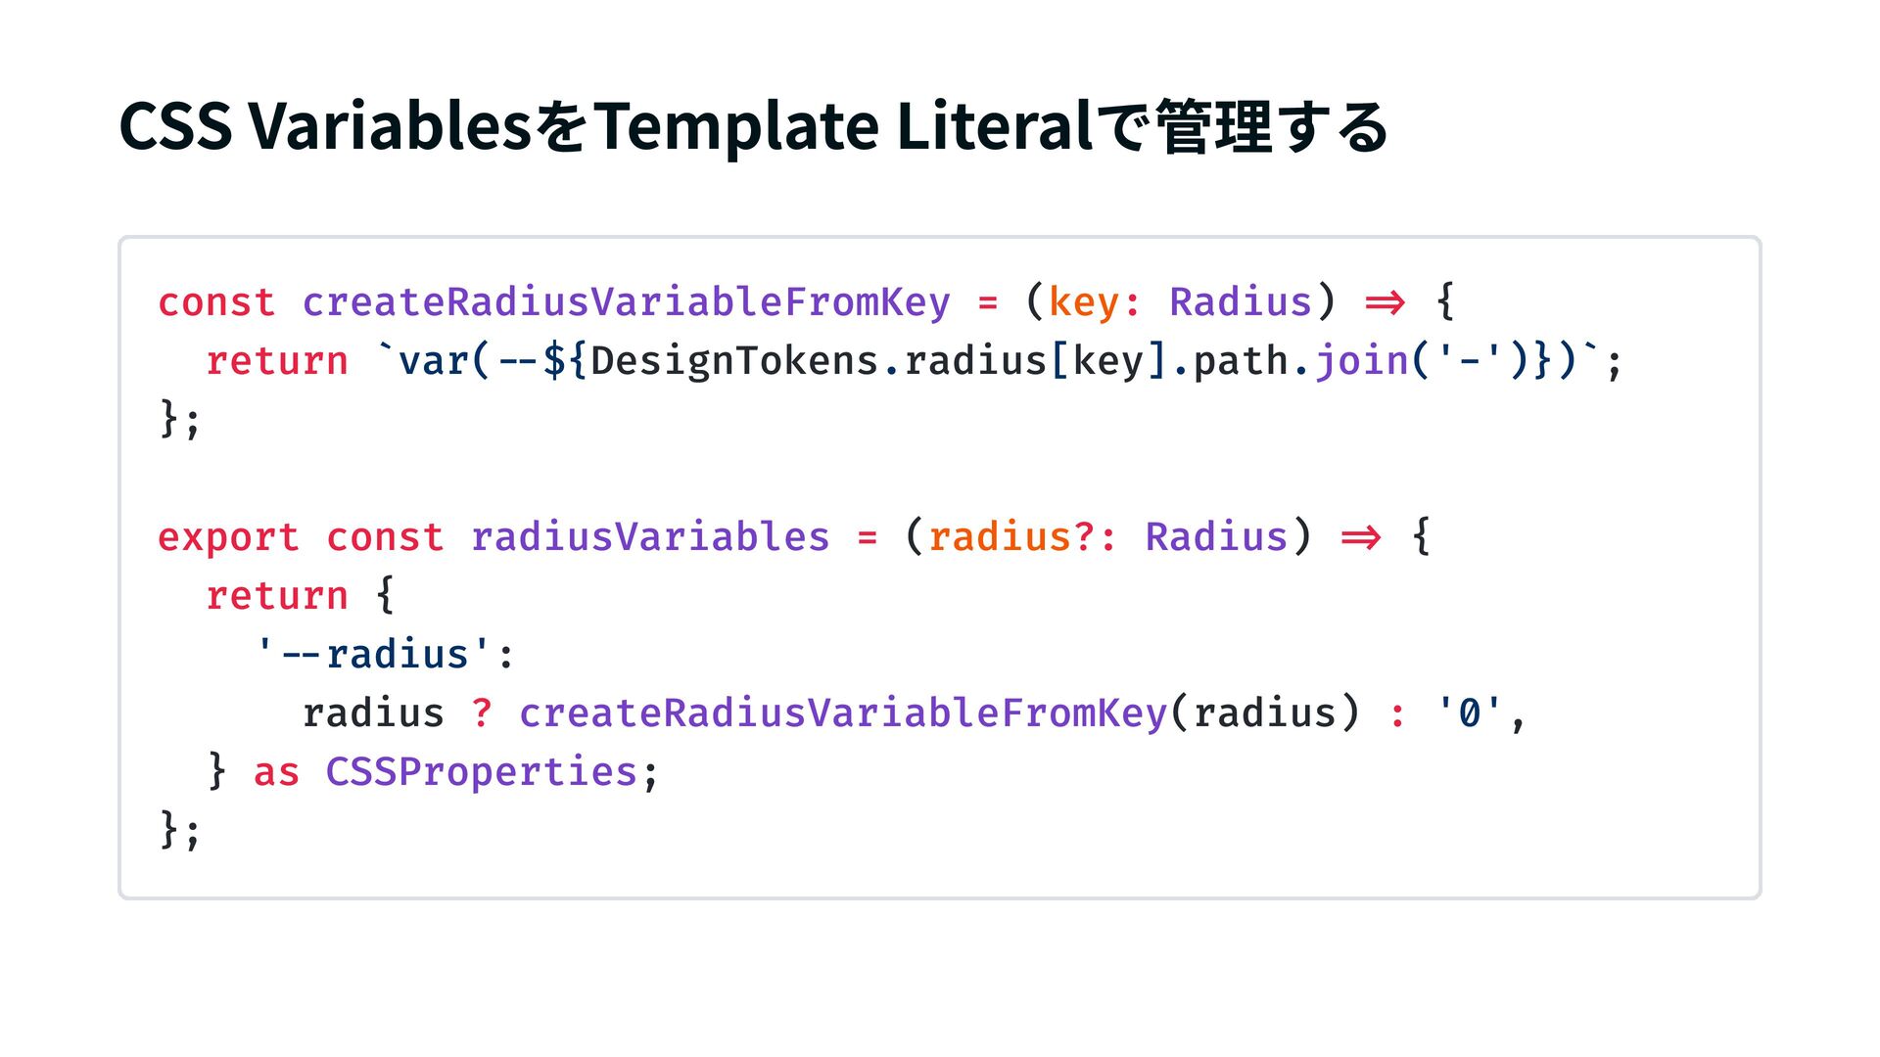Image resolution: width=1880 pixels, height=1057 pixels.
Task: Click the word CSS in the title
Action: tap(175, 127)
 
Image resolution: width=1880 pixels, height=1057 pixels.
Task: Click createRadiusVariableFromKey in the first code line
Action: tap(626, 302)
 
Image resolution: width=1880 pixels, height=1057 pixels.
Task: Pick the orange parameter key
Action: tap(1084, 302)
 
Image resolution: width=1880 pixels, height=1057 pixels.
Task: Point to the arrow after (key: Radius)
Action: tap(1385, 302)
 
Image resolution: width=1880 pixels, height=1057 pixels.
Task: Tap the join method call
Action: tap(1361, 361)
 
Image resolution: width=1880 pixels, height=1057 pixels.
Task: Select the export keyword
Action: tap(228, 537)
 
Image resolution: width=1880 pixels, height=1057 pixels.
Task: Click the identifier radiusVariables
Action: tap(649, 537)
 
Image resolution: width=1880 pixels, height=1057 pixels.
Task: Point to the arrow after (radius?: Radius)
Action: tap(1361, 537)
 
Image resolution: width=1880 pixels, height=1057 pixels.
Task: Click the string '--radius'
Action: tap(373, 655)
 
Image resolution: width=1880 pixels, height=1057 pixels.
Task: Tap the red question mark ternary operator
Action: tap(482, 713)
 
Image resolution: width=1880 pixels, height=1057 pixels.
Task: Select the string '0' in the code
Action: tap(1469, 713)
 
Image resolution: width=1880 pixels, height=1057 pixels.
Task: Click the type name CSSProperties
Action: tap(482, 772)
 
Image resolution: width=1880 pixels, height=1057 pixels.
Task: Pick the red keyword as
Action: tap(276, 772)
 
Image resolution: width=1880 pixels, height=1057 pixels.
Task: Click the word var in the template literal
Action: tap(433, 361)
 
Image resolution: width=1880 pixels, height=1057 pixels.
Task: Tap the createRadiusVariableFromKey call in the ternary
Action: tap(842, 713)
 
